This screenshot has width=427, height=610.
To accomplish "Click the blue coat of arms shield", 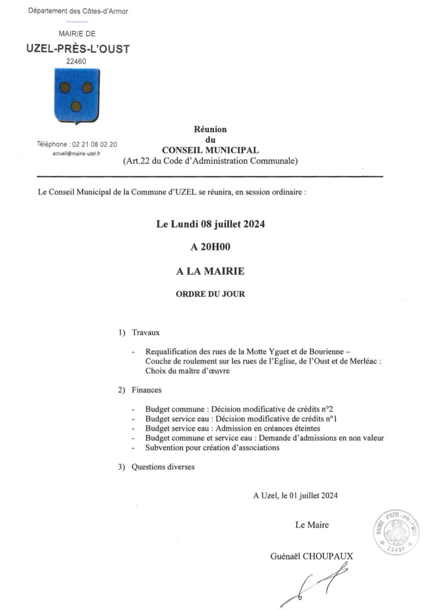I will point(76,96).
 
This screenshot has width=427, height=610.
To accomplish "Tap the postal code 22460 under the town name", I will point(77,62).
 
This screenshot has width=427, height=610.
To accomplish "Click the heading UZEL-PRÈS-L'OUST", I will point(78,49).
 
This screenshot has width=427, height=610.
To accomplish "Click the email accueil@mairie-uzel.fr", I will point(77,153).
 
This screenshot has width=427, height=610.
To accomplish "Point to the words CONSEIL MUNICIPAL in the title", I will point(210,150).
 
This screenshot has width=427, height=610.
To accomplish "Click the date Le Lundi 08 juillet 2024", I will point(210,224).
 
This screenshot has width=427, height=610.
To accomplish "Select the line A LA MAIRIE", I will point(210,271).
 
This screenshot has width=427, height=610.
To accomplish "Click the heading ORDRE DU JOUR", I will point(210,294).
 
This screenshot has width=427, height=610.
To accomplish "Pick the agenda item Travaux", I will point(146,332).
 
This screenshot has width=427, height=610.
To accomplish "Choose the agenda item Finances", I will point(147,390).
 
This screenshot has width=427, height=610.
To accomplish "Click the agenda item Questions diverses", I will point(163,466).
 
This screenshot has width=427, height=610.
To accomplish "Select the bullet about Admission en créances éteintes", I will point(233,428).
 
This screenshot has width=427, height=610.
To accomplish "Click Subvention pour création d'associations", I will point(212,447).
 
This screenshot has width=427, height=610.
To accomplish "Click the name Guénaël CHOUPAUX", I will point(311,556).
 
